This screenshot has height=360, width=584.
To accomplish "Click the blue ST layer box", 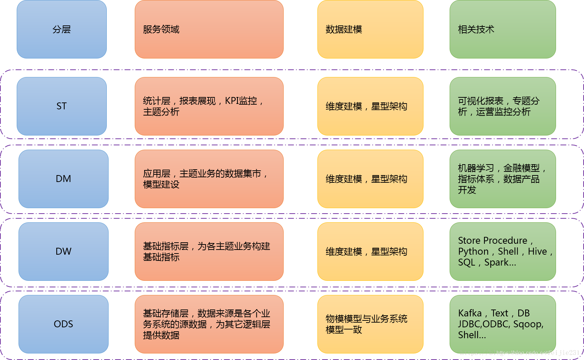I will click(x=62, y=106).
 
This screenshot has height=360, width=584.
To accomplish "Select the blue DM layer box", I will click(x=64, y=179).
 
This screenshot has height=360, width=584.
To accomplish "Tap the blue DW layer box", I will click(x=64, y=251).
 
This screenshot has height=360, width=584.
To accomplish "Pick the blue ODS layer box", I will click(x=64, y=324).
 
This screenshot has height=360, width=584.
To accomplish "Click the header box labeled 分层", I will click(x=62, y=29).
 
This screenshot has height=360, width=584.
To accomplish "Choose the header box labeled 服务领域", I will click(x=209, y=29).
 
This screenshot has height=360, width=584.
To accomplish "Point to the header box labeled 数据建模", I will click(x=370, y=29).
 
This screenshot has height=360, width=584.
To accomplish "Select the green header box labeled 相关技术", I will click(x=503, y=29).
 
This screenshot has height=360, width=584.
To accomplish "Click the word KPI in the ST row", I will click(x=232, y=101).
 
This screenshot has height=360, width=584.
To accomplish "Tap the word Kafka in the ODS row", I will click(x=470, y=313).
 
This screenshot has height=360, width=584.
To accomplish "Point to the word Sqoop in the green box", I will click(x=528, y=324).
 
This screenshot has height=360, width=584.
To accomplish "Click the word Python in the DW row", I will click(x=473, y=251).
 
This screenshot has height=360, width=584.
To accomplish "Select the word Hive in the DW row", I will click(x=537, y=251).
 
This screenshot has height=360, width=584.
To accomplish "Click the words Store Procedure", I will click(x=492, y=240).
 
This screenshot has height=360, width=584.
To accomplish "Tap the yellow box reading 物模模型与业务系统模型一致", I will click(x=370, y=324).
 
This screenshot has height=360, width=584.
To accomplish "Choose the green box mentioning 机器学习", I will click(x=503, y=179).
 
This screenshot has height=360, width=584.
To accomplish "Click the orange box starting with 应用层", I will click(x=209, y=179).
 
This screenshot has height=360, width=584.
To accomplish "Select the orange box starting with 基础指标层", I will click(x=209, y=251).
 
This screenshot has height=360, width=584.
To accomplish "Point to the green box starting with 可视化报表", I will click(x=503, y=106).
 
